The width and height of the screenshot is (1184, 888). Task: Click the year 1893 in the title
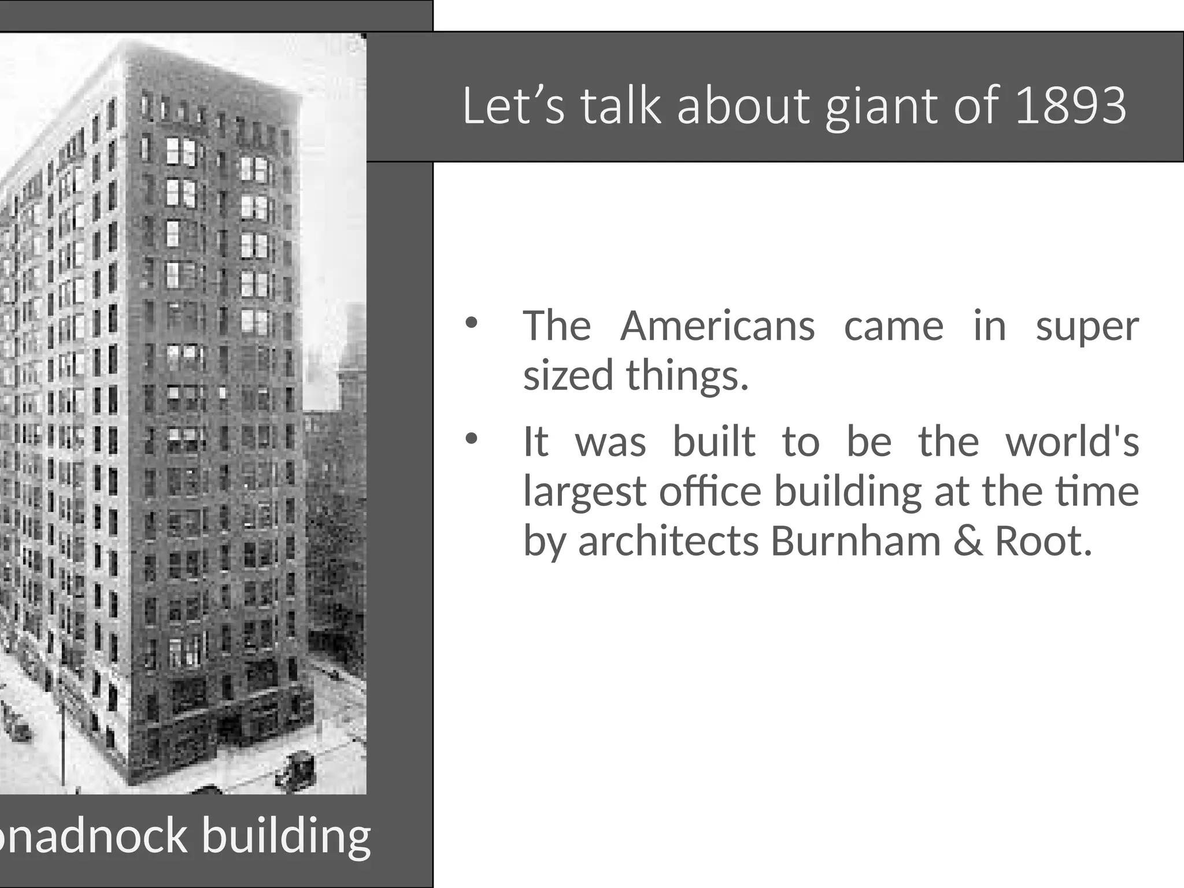(1071, 106)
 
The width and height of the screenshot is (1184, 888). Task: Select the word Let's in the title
(513, 106)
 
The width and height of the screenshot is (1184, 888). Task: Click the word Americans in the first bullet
(717, 326)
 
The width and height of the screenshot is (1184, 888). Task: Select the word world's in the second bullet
(1072, 442)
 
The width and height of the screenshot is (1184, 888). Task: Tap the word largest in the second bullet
(584, 493)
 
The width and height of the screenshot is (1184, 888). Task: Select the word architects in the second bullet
(668, 541)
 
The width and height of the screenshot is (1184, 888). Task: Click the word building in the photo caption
(286, 838)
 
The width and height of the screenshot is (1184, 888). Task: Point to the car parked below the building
(296, 769)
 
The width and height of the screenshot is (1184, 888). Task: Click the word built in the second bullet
(714, 442)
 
